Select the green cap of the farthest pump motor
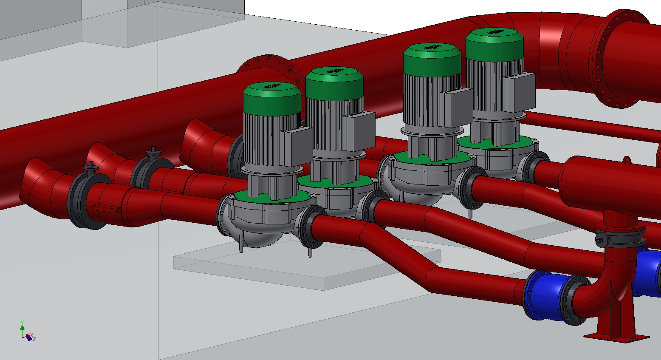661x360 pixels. pos(494,44)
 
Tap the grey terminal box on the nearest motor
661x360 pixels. pos(296,146)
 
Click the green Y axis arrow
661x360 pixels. pos(22,327)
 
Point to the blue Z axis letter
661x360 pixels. pos(34,340)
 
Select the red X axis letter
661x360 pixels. pos(31,335)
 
